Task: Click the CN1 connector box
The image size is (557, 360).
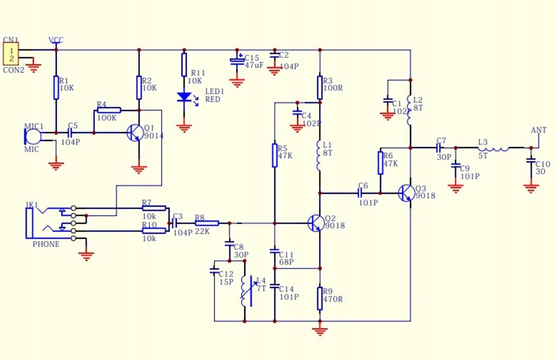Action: click(x=10, y=54)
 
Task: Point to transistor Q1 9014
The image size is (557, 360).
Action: click(x=135, y=133)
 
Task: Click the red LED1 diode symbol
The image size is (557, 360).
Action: click(x=184, y=97)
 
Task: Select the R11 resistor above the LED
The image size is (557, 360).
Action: click(x=184, y=65)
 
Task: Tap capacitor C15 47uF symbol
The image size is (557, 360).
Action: click(x=238, y=61)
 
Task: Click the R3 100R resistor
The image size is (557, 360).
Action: click(x=319, y=87)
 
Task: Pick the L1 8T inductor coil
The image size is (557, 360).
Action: click(x=319, y=156)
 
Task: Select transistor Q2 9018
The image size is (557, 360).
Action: click(x=315, y=223)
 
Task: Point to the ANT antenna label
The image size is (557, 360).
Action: click(x=538, y=130)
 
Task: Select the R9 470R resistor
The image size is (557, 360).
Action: click(x=319, y=298)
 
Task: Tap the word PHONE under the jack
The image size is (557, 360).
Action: click(x=46, y=244)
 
